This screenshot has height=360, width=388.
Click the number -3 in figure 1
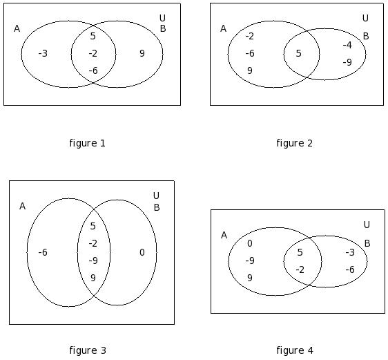(43, 53)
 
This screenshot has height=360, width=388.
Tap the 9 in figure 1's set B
(142, 53)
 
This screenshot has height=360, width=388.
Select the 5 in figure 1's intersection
(93, 36)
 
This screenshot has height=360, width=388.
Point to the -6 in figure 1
(93, 70)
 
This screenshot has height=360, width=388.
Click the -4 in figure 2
(347, 45)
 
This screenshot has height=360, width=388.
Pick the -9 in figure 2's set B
(347, 62)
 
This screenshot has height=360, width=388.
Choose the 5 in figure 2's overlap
(299, 53)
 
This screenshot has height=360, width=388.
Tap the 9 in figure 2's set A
(250, 70)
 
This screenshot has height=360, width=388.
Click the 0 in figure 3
(142, 252)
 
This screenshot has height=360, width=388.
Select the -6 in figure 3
(43, 252)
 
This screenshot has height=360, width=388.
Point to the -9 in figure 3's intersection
(93, 260)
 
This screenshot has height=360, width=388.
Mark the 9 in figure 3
(93, 278)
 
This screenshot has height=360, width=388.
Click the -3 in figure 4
(350, 252)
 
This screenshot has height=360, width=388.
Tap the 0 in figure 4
(250, 244)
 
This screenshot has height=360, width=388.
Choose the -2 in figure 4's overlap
(300, 269)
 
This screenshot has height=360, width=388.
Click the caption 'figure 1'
(88, 143)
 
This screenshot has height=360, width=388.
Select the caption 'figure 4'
(295, 350)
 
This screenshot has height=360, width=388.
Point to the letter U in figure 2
(365, 18)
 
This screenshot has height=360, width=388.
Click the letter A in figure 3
(22, 206)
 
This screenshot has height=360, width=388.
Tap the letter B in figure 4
(367, 244)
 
